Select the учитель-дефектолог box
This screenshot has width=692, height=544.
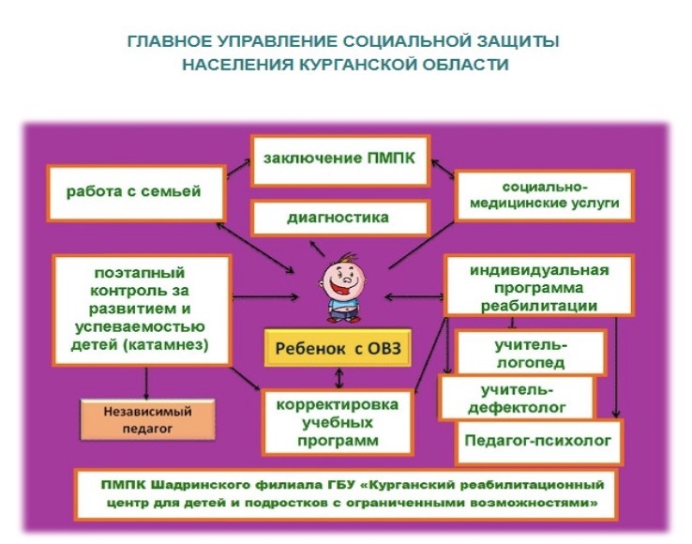518,398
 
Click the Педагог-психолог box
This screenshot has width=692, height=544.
538,438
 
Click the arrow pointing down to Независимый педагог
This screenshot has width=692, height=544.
147,382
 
